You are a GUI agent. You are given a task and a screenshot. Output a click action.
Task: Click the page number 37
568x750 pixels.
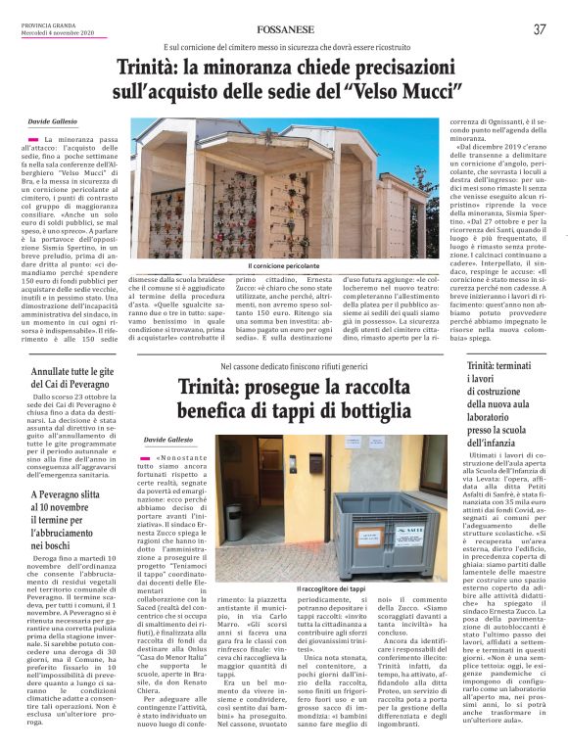541,28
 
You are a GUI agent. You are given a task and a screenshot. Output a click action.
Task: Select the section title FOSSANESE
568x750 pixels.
284,29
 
